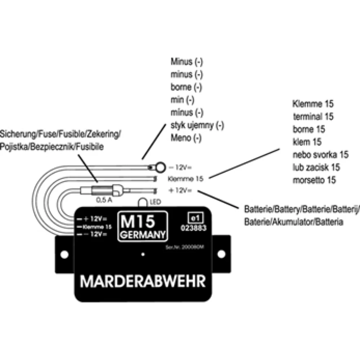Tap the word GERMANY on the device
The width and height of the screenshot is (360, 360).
coord(143,234)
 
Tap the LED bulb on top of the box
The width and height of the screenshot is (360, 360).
coord(143,203)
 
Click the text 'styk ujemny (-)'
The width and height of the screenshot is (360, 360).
coord(197,125)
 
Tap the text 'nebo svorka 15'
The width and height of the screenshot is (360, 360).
coord(320,155)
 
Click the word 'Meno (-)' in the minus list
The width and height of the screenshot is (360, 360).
coord(186,138)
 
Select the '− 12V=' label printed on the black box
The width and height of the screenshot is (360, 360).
coord(93,234)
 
